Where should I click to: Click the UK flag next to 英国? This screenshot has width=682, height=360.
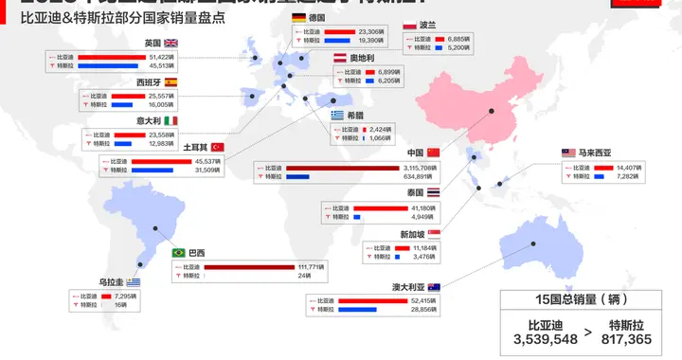(171, 44)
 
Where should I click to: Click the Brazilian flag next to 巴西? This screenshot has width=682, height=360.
(178, 253)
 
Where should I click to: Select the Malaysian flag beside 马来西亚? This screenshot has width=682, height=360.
(568, 152)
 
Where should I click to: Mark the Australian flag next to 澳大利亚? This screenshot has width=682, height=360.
(433, 286)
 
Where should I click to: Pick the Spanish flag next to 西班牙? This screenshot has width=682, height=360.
(171, 82)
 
